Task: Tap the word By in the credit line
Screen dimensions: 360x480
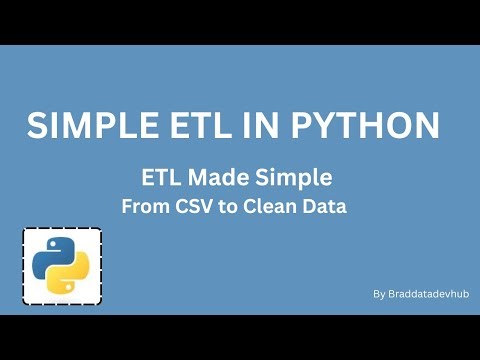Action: coord(379,294)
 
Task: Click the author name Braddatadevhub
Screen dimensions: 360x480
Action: coord(428,294)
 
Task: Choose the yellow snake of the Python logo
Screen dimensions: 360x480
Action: coord(73,277)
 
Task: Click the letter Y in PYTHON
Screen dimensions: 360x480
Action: coord(324,126)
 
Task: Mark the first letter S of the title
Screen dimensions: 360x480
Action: coord(37,126)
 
